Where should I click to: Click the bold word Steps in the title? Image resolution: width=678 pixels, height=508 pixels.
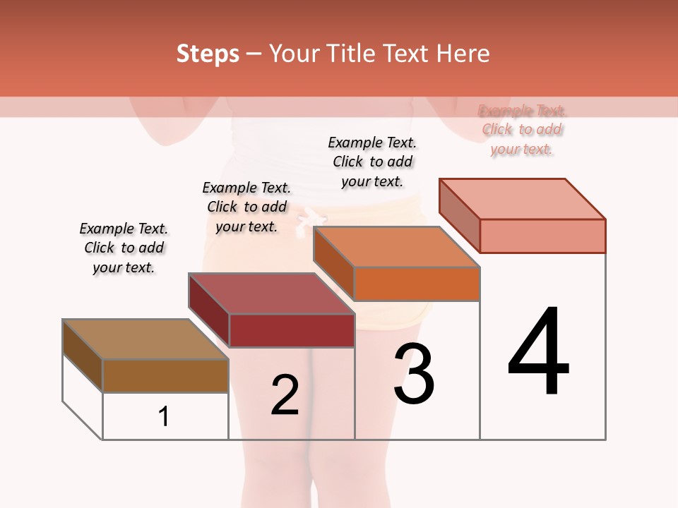(208, 54)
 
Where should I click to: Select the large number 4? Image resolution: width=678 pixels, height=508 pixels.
(538, 353)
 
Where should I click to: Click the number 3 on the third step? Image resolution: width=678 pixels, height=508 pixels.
(414, 374)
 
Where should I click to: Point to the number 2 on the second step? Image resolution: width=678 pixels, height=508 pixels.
(285, 395)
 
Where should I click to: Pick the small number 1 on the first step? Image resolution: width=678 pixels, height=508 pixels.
(164, 417)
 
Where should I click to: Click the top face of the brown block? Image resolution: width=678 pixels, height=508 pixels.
(145, 339)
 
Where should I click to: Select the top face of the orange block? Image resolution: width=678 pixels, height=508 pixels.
(397, 247)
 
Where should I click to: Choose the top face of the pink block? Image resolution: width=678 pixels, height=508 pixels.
(523, 199)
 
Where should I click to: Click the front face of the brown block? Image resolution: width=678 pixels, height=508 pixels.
(166, 375)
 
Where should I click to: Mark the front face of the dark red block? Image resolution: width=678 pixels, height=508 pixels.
(292, 330)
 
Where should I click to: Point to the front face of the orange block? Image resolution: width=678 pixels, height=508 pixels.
(417, 284)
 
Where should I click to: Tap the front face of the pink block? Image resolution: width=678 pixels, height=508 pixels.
(542, 236)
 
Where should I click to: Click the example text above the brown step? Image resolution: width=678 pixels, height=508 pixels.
(124, 248)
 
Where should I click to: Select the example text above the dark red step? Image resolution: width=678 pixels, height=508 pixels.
(246, 207)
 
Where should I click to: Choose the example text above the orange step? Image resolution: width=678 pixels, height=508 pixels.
(372, 162)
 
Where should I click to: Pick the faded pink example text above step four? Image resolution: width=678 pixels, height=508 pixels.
(522, 130)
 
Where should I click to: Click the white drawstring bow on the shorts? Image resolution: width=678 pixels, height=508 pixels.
(304, 219)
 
